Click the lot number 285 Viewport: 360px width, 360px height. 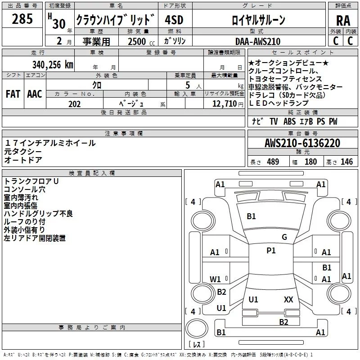(22, 20)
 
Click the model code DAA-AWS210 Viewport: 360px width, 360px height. (258, 41)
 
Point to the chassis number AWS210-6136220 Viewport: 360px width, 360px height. (302, 143)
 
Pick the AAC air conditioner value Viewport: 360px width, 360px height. (34, 94)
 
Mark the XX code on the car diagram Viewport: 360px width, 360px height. (288, 299)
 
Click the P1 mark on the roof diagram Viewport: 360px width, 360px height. (271, 251)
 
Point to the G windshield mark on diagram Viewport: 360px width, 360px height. (284, 237)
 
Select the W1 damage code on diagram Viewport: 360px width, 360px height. (216, 279)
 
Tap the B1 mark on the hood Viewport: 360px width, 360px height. (251, 216)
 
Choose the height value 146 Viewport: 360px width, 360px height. (346, 162)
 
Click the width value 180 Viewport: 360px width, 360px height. (310, 162)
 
